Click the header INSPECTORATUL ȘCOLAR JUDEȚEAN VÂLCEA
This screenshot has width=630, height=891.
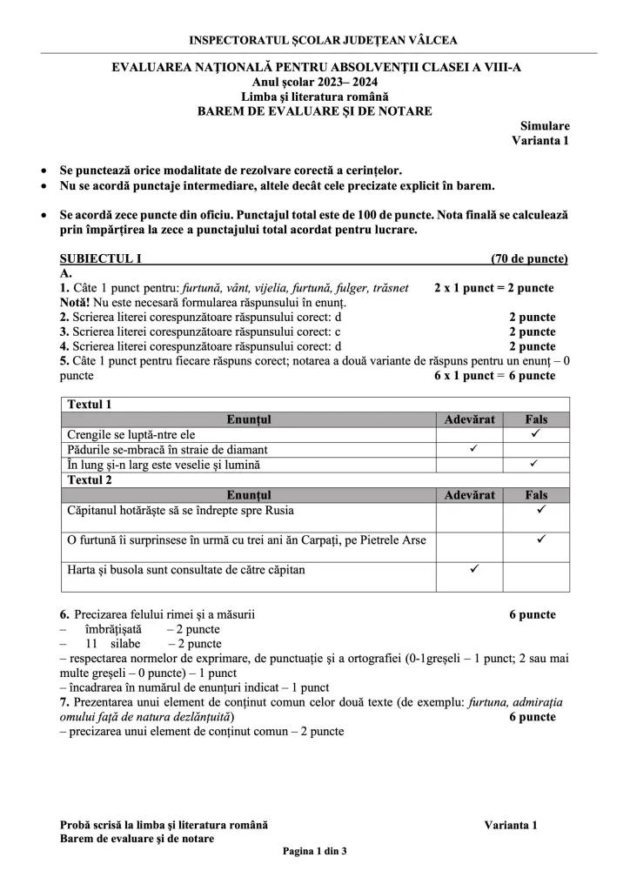[323, 40]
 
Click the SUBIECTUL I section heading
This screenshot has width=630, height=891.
[100, 258]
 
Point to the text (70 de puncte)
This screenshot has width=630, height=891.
[529, 258]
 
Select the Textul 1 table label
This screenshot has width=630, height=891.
[90, 404]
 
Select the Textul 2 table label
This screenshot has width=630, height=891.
[90, 479]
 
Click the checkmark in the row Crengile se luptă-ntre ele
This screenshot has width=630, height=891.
[536, 433]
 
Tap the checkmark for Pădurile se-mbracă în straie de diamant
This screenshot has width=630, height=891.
[473, 449]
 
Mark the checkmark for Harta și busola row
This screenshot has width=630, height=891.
[474, 569]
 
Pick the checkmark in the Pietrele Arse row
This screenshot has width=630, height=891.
[540, 539]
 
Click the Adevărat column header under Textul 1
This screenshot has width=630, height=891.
[469, 419]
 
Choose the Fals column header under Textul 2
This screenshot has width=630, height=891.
[537, 494]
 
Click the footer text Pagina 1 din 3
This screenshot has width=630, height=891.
[314, 851]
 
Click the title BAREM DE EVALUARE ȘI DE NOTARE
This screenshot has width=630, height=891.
[314, 111]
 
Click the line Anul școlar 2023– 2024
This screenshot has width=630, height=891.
[314, 81]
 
